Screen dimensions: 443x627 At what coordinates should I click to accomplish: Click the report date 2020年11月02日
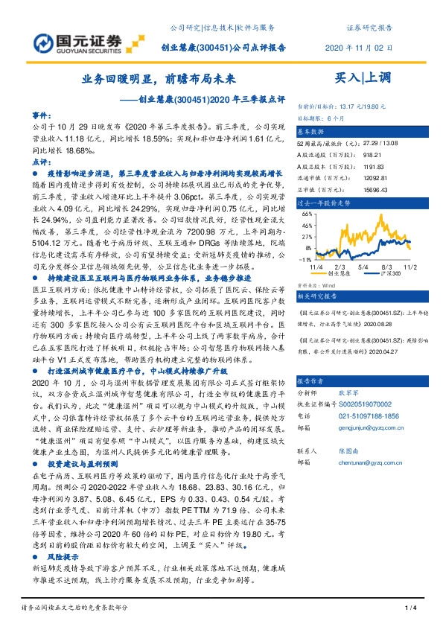[x=360, y=47]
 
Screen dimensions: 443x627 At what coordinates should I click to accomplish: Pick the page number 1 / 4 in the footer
[x=409, y=608]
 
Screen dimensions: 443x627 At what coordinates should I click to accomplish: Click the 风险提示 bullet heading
[x=64, y=556]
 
